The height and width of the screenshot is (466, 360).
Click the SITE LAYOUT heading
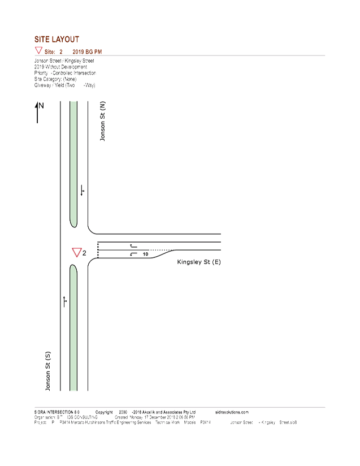57,40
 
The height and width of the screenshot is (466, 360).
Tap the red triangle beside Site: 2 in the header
38,51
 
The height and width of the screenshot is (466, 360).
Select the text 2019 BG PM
86,52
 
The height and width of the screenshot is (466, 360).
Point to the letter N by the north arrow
42,105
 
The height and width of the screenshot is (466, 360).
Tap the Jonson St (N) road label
102,122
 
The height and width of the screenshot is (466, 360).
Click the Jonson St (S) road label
49,371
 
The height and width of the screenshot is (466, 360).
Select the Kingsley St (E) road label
198,262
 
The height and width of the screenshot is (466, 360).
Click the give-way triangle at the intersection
76,252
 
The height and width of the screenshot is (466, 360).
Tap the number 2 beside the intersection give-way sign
84,253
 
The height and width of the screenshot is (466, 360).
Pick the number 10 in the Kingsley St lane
146,255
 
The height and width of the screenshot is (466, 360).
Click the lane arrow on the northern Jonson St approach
83,192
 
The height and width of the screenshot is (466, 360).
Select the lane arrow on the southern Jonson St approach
66,301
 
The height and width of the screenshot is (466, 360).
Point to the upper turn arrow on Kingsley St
133,247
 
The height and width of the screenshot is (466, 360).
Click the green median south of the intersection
73,328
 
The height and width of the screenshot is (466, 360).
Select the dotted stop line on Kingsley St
98,250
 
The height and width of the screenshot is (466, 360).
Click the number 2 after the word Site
61,52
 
